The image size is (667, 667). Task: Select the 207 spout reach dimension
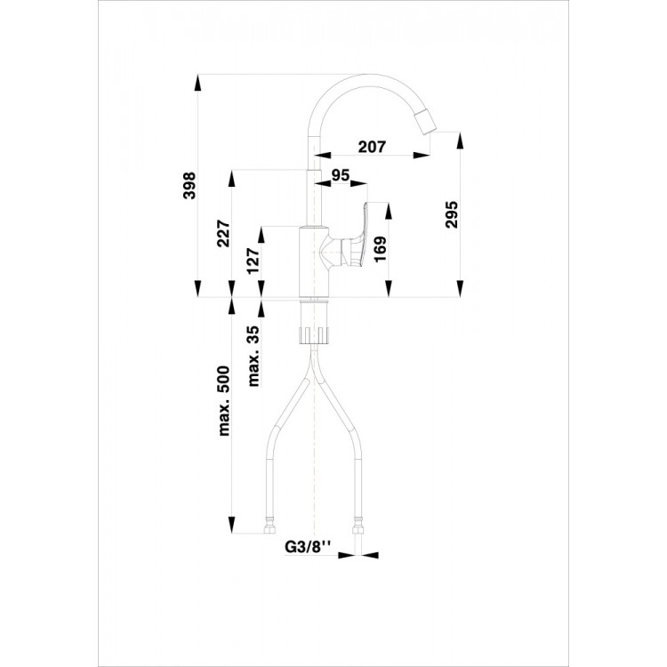[x=373, y=148]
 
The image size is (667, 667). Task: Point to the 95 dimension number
[x=339, y=176]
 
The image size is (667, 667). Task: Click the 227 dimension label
[x=223, y=233]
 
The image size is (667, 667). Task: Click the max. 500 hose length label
[x=223, y=401]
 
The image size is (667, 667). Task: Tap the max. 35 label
[x=253, y=357]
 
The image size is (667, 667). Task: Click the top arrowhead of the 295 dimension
[x=459, y=141]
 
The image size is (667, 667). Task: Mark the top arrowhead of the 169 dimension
[x=389, y=210]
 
